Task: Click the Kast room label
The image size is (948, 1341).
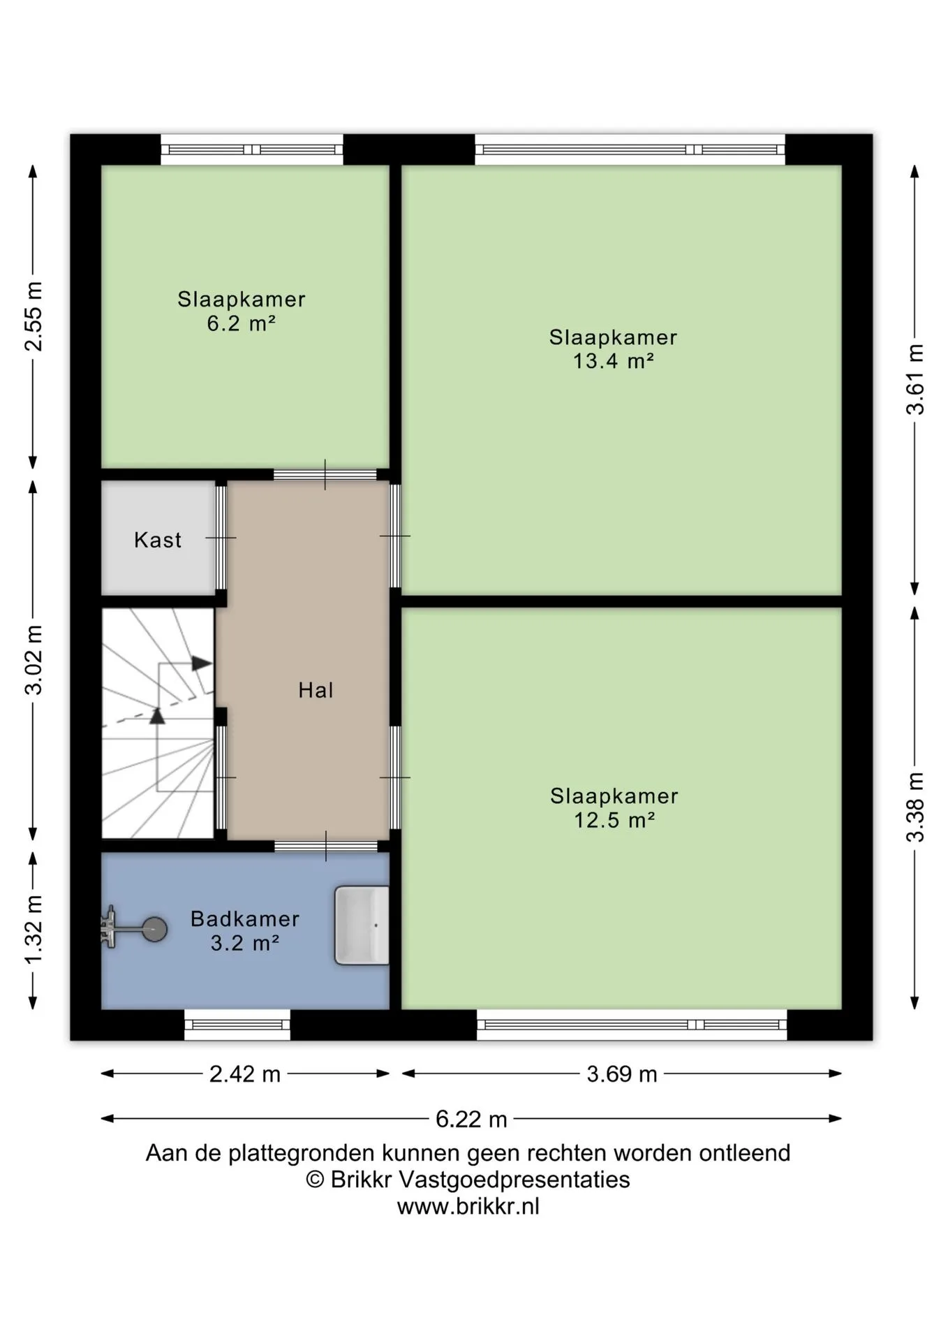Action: (158, 540)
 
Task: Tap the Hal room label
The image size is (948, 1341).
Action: (316, 690)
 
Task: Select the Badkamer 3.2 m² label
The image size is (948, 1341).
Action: (245, 930)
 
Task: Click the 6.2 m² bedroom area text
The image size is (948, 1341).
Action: (242, 323)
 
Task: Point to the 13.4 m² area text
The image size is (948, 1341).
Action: (614, 361)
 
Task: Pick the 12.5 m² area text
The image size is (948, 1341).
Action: (614, 819)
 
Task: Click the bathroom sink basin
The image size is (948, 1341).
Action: (362, 925)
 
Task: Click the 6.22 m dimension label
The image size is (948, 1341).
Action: (471, 1119)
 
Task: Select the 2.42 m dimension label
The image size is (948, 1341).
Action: (245, 1073)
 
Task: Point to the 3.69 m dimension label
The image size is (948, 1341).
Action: (622, 1073)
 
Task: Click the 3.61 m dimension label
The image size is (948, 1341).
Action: (915, 379)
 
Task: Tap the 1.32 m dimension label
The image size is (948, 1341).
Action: (34, 930)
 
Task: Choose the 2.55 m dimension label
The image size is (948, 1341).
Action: (34, 316)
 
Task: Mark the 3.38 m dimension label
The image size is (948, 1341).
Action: (915, 807)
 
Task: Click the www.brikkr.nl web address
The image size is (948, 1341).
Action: (468, 1206)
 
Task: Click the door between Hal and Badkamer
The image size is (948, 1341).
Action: (326, 847)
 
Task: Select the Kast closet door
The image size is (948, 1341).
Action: (221, 538)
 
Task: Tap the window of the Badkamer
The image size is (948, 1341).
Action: (237, 1025)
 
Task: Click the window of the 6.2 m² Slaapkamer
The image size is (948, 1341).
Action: (252, 149)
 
